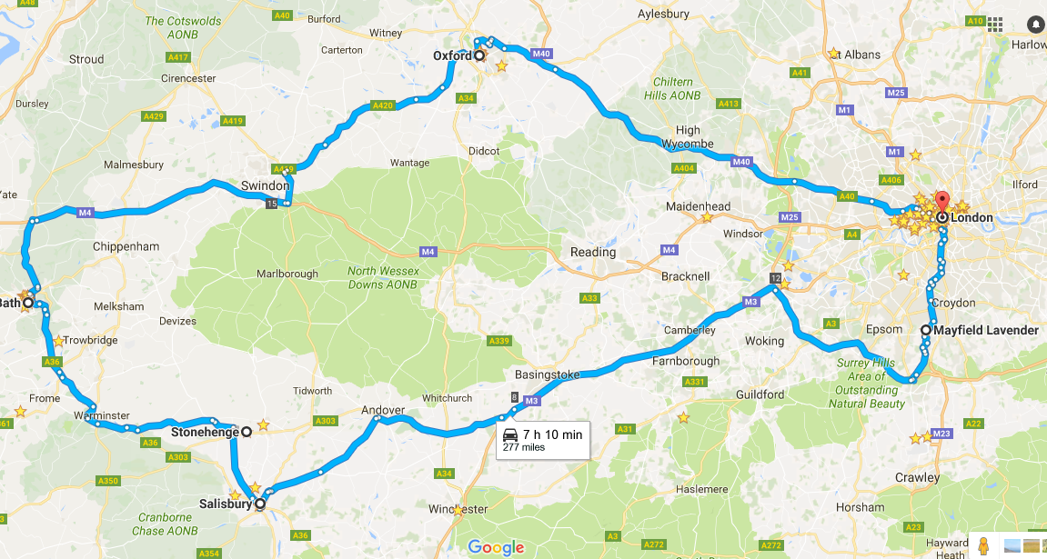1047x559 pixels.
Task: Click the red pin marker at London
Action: pyautogui.click(x=941, y=203)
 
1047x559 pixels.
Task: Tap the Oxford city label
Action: pyautogui.click(x=452, y=55)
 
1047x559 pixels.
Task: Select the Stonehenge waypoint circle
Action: pyautogui.click(x=246, y=433)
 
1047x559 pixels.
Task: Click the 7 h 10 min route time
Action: pyautogui.click(x=552, y=434)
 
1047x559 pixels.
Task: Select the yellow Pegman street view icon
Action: pyautogui.click(x=982, y=546)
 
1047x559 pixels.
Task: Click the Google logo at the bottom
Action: pyautogui.click(x=496, y=546)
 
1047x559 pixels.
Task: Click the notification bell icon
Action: pyautogui.click(x=1035, y=25)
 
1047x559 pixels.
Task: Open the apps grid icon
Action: pyautogui.click(x=995, y=25)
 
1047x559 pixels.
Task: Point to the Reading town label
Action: pyautogui.click(x=592, y=252)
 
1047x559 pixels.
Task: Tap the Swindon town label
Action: pyautogui.click(x=265, y=185)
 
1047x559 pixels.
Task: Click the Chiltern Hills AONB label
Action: pyautogui.click(x=672, y=88)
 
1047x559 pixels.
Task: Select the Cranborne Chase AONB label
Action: pyautogui.click(x=165, y=524)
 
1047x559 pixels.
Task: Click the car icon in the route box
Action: pyautogui.click(x=509, y=434)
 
